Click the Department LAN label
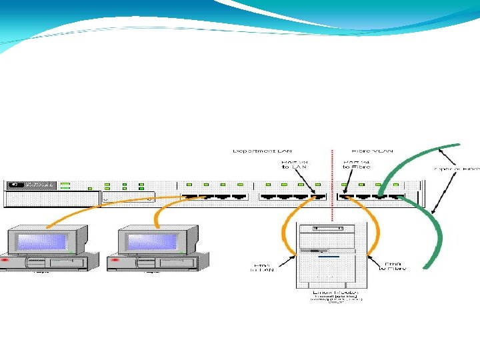point(262,151)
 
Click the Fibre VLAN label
point(373,151)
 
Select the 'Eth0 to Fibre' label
point(393,265)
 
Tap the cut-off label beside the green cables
point(457,169)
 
